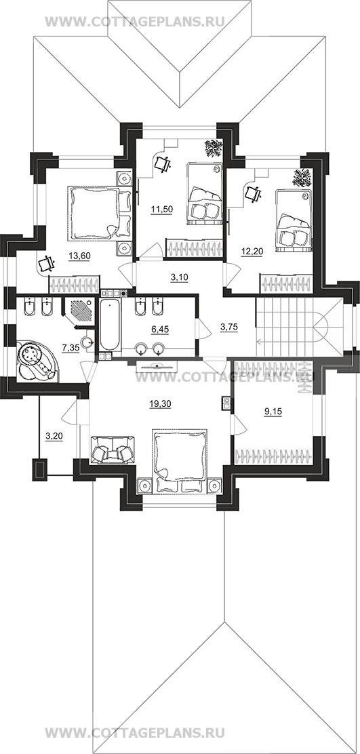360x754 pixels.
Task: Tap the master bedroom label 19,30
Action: click(x=158, y=405)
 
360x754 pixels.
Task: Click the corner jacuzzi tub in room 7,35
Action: click(x=37, y=361)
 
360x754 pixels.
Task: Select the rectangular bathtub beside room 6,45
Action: click(x=109, y=325)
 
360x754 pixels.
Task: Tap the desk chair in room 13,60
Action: click(x=46, y=264)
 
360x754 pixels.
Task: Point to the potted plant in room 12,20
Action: click(x=302, y=178)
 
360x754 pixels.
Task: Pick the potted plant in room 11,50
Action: click(x=214, y=148)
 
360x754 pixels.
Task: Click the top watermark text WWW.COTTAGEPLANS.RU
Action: click(x=135, y=22)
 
